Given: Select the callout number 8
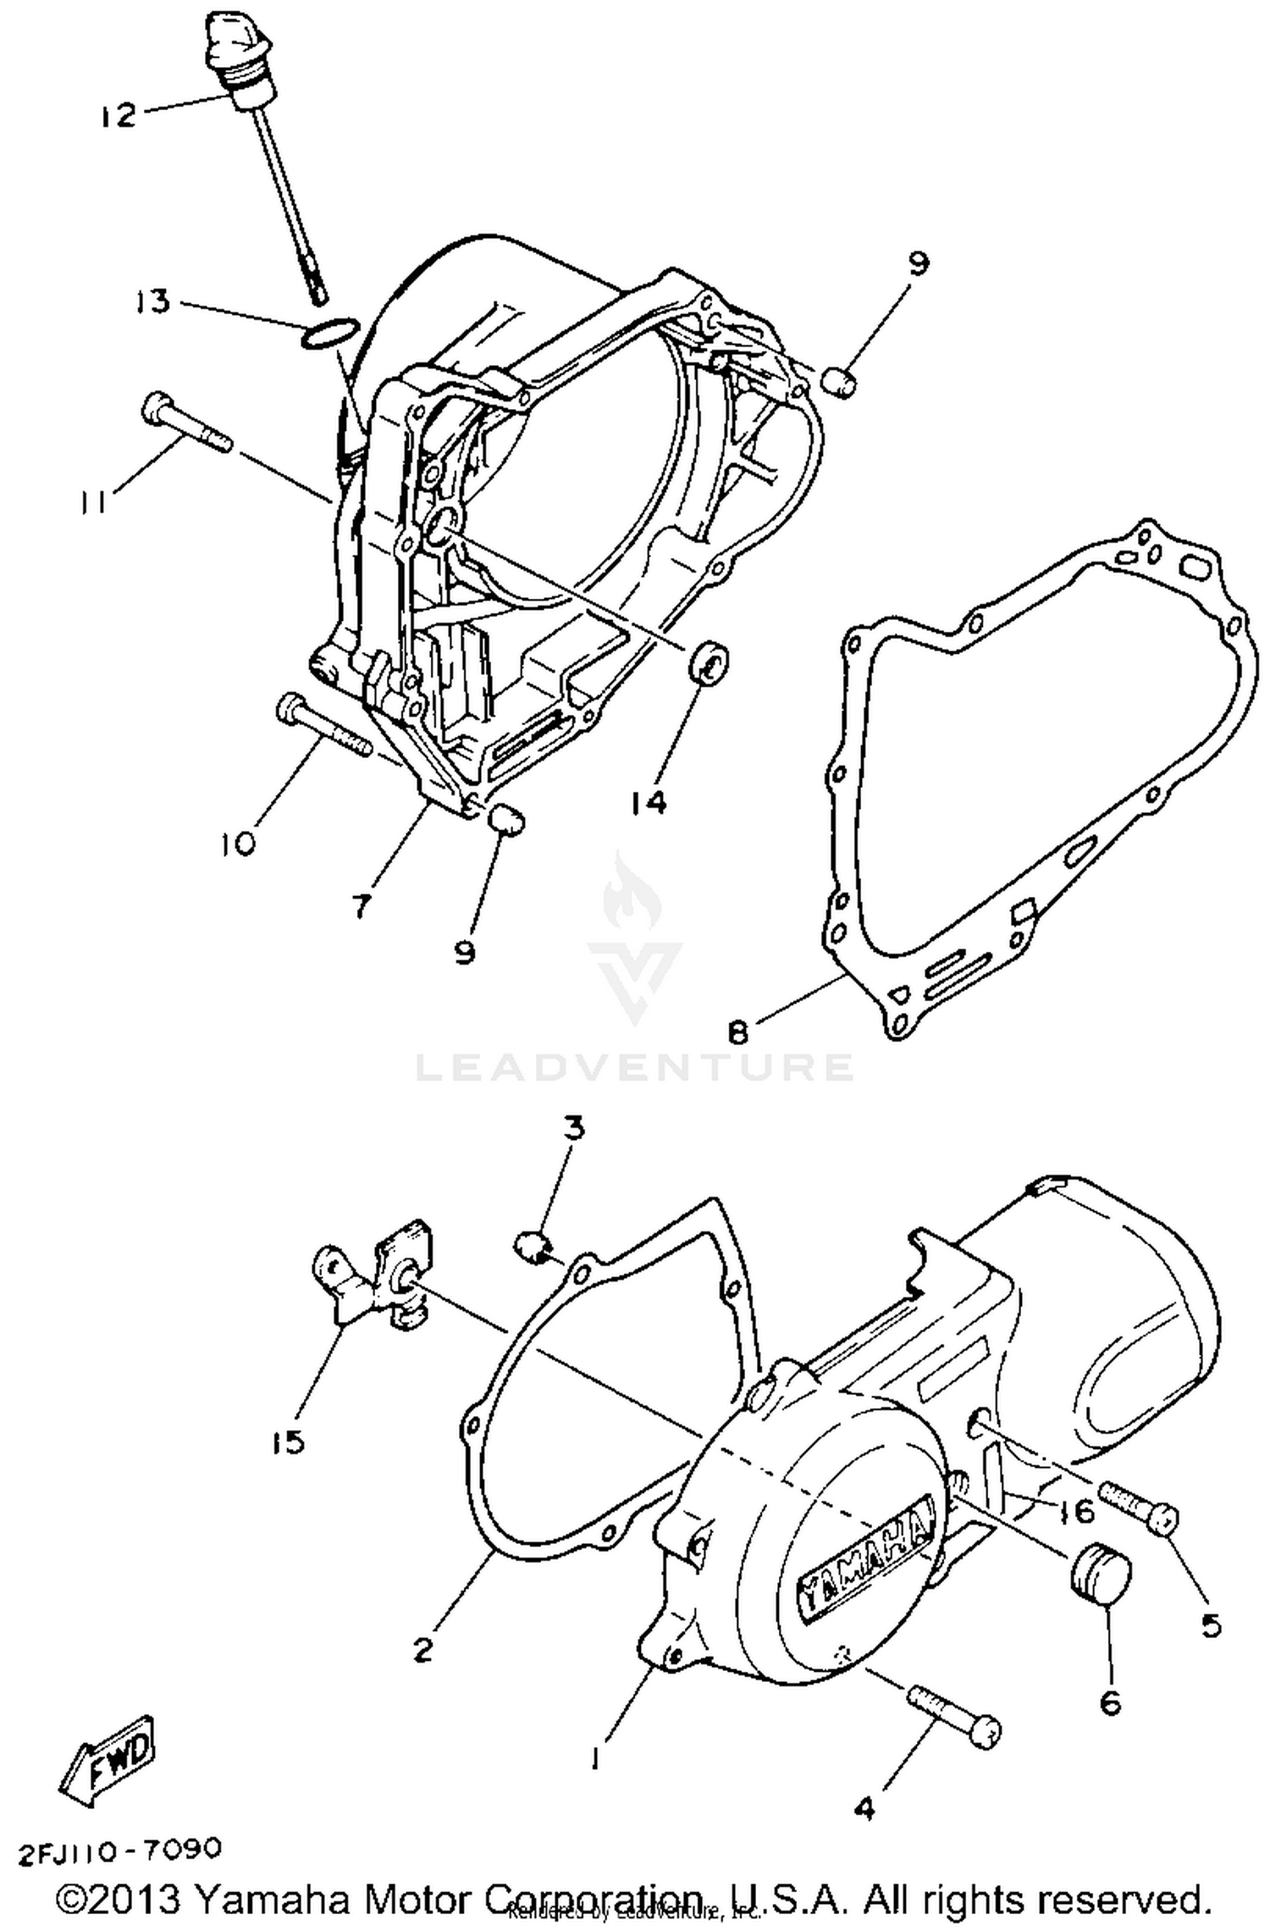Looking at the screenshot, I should click(737, 1032).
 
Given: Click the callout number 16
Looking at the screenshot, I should click(1076, 1511).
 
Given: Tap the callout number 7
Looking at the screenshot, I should click(362, 906).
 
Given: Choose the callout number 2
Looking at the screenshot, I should click(423, 1649).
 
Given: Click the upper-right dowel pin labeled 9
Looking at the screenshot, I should click(841, 381).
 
